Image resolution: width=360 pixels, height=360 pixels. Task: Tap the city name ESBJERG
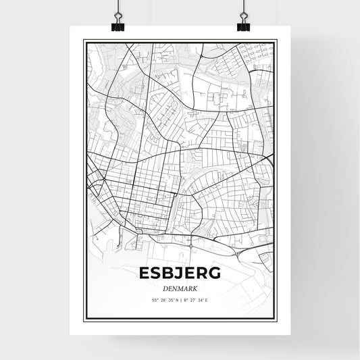[180, 273]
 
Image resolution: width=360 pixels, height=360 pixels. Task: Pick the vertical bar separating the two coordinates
[180, 300]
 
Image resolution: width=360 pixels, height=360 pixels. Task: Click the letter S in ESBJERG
[155, 273]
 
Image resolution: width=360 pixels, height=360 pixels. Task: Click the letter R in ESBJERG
[203, 273]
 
